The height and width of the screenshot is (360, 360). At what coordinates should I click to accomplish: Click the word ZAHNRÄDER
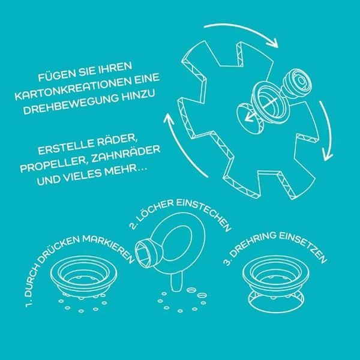coord(126,154)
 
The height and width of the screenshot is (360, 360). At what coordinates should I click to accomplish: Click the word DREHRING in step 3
coord(253,244)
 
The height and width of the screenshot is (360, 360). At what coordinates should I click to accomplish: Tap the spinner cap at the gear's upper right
coord(298,81)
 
